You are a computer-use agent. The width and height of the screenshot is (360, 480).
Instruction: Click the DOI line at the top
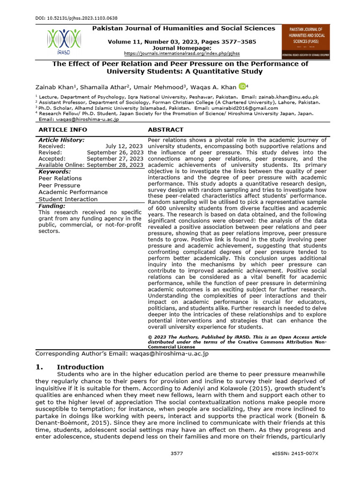(x=77, y=18)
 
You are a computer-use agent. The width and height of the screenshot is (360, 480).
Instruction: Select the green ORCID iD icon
(x=242, y=86)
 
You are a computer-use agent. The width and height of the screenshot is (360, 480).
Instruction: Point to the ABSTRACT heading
(x=165, y=129)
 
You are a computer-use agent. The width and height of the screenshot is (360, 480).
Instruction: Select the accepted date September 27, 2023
(x=115, y=158)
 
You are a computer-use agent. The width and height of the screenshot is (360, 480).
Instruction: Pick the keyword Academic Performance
(x=73, y=192)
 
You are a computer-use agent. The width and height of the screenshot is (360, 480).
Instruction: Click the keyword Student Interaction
(x=68, y=199)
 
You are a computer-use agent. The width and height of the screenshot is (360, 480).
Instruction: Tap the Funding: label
(x=52, y=206)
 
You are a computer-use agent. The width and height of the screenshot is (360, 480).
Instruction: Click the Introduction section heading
(x=80, y=367)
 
